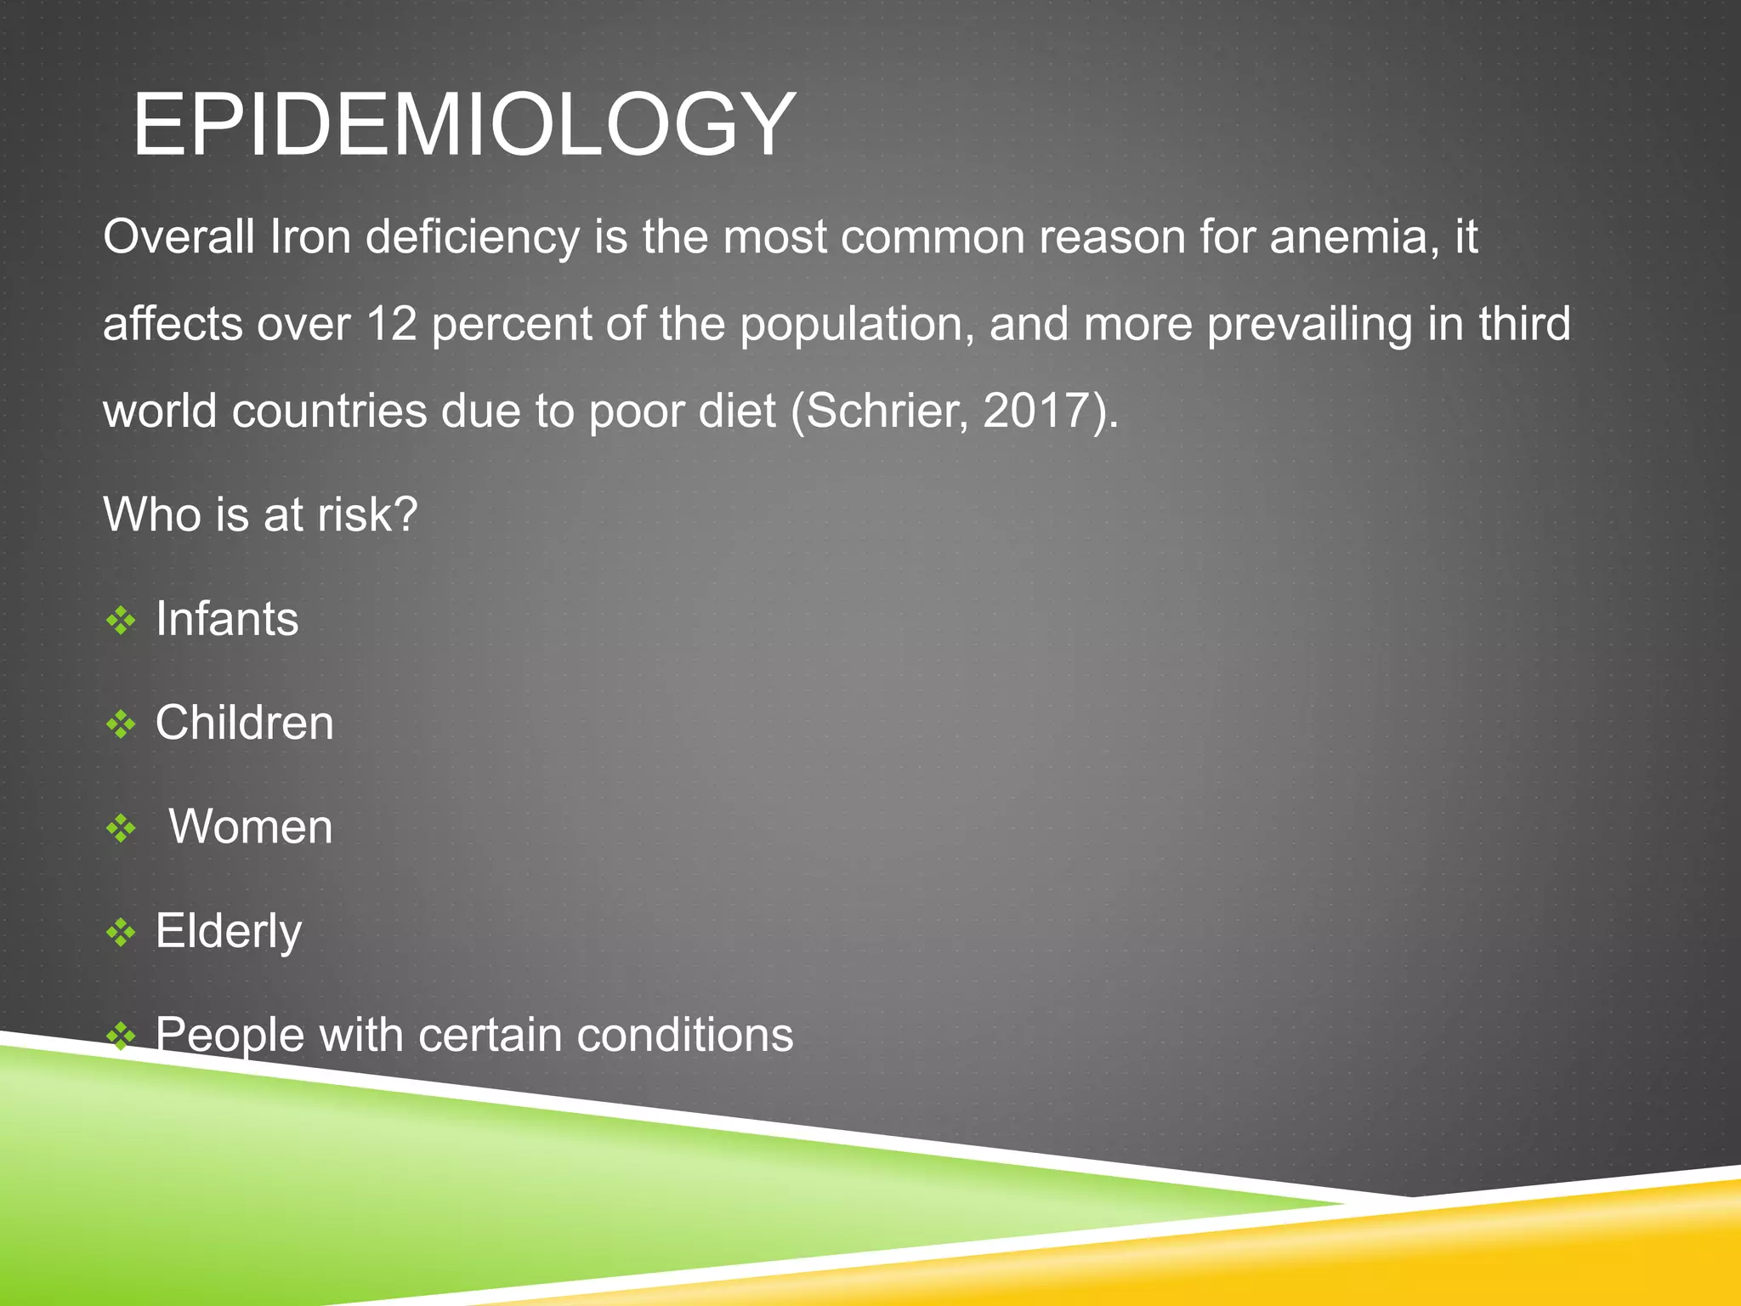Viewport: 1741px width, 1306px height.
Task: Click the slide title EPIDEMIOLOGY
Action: pyautogui.click(x=464, y=125)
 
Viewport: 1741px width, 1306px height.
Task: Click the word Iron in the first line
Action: pyautogui.click(x=310, y=236)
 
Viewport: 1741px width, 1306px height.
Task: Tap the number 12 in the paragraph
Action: pyautogui.click(x=392, y=324)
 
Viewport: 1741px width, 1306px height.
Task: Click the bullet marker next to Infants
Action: pyautogui.click(x=121, y=621)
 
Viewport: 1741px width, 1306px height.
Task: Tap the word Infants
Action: pyautogui.click(x=227, y=619)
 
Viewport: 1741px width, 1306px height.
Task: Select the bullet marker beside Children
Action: pyautogui.click(x=121, y=724)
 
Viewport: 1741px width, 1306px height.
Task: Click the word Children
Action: pyautogui.click(x=245, y=723)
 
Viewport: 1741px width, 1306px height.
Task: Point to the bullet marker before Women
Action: pyautogui.click(x=121, y=828)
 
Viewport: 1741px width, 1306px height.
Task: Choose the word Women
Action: pyautogui.click(x=251, y=826)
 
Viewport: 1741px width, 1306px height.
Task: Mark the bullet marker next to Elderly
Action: pyautogui.click(x=121, y=933)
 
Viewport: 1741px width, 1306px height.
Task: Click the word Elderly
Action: pyautogui.click(x=229, y=932)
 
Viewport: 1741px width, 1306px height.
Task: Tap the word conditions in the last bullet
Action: pyautogui.click(x=685, y=1036)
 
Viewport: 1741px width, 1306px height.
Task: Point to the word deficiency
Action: pyautogui.click(x=473, y=238)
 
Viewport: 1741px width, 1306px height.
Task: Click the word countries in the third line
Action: pyautogui.click(x=330, y=412)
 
